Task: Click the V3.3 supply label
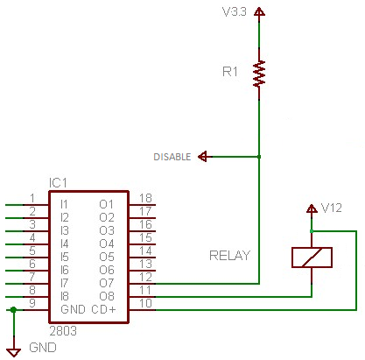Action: tap(234, 11)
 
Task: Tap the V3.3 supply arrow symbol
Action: tap(259, 11)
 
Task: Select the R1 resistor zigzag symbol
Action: tap(259, 74)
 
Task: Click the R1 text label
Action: tap(230, 72)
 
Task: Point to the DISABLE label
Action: tap(172, 157)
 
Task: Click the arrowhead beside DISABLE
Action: tap(203, 157)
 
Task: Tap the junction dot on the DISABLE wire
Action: tap(259, 157)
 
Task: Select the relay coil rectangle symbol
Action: tap(312, 258)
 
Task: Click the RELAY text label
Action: tap(229, 256)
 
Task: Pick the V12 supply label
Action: tap(331, 208)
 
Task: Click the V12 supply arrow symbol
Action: tap(312, 208)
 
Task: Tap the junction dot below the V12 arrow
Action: tap(312, 231)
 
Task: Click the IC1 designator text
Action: tap(58, 183)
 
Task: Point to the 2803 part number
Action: tap(63, 331)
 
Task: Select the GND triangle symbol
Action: tap(14, 352)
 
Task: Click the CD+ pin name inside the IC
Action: tap(103, 309)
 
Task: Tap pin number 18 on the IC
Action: tap(145, 198)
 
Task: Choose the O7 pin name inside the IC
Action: tap(107, 283)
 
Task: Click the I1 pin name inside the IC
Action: tap(64, 204)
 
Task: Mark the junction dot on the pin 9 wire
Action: tap(13, 310)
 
